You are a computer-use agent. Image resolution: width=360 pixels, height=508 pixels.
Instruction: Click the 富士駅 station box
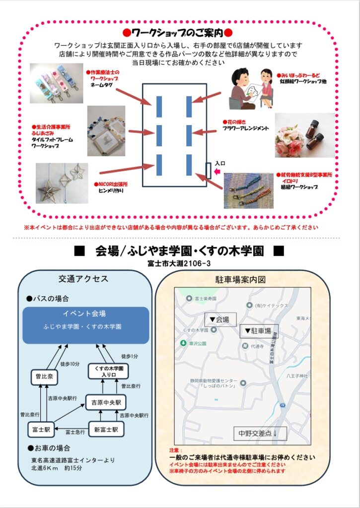tap(41, 429)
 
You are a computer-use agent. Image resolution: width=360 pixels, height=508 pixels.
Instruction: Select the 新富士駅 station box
tap(106, 429)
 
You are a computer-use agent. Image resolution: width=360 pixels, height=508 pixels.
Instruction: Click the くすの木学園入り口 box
tap(108, 371)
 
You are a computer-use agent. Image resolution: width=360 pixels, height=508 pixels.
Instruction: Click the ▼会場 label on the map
tap(220, 319)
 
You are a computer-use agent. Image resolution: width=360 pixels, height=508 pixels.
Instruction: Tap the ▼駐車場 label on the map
tap(259, 331)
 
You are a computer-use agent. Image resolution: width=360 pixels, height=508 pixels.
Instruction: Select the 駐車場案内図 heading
tap(242, 279)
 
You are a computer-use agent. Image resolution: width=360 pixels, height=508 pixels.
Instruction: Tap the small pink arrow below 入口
tap(216, 172)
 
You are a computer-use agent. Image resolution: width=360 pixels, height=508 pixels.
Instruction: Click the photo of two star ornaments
tap(62, 183)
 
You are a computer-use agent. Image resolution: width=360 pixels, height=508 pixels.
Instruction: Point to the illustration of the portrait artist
tap(252, 88)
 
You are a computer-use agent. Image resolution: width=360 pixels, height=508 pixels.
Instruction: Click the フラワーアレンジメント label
tap(245, 128)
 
